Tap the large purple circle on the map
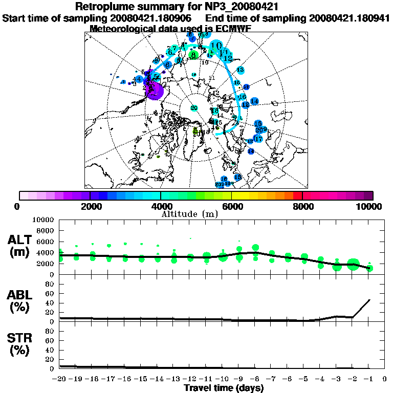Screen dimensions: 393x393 pyautogui.click(x=155, y=90)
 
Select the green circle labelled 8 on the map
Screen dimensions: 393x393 pyautogui.click(x=193, y=54)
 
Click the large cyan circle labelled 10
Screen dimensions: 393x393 pyautogui.click(x=216, y=46)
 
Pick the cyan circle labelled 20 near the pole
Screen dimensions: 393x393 pyautogui.click(x=194, y=108)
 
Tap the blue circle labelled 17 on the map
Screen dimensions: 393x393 pyautogui.click(x=258, y=139)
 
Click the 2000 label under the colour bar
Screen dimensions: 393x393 pyautogui.click(x=90, y=206)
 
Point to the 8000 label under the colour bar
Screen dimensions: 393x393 pyautogui.click(x=302, y=206)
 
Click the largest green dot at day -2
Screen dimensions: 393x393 pyautogui.click(x=353, y=265)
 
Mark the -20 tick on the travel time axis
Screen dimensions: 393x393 pyautogui.click(x=60, y=380)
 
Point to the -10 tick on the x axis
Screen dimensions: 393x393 pyautogui.click(x=222, y=380)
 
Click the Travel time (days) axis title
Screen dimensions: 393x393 pyautogui.click(x=224, y=388)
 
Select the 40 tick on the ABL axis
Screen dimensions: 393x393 pyautogui.click(x=50, y=303)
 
